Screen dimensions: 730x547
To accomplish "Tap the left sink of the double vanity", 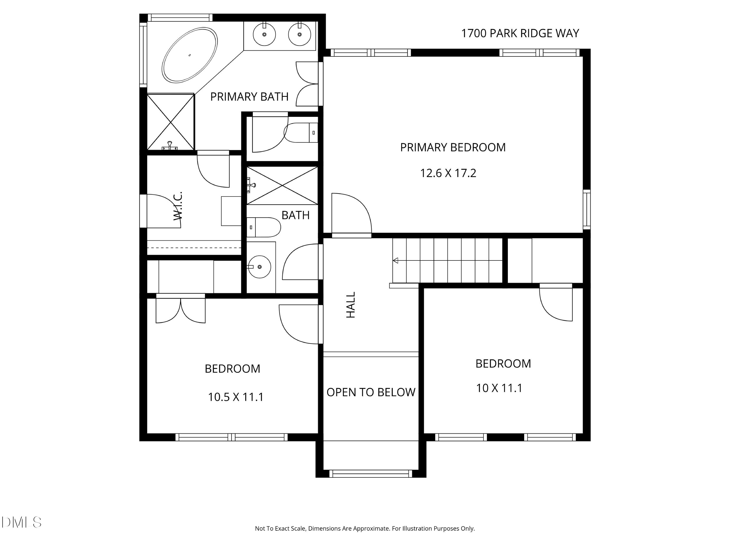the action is pyautogui.click(x=264, y=34).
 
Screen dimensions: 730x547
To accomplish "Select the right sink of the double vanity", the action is pyautogui.click(x=299, y=34).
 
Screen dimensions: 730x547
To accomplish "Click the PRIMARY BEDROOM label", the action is pyautogui.click(x=453, y=147).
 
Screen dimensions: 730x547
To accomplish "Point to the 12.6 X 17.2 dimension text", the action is pyautogui.click(x=448, y=173).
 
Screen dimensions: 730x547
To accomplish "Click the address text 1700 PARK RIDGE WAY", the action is pyautogui.click(x=520, y=33).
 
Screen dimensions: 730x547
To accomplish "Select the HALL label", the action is pyautogui.click(x=350, y=305).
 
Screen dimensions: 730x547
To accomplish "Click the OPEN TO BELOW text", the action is pyautogui.click(x=371, y=392).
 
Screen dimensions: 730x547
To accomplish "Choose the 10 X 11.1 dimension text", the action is pyautogui.click(x=499, y=388).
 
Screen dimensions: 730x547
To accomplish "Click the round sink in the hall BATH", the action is pyautogui.click(x=259, y=267).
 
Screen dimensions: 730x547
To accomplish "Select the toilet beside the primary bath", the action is pyautogui.click(x=301, y=133).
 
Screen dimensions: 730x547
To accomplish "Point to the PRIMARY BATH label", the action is pyautogui.click(x=249, y=97).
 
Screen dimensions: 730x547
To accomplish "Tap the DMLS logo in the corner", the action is pyautogui.click(x=21, y=522).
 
